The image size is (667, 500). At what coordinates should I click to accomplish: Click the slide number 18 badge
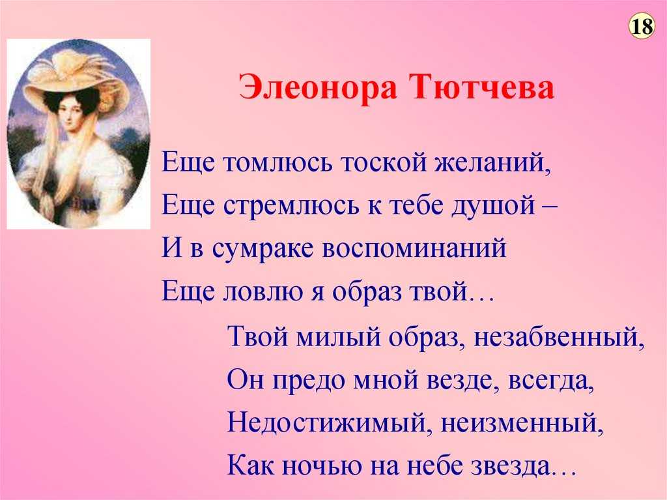tap(642, 27)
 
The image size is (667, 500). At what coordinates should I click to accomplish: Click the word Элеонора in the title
tap(318, 87)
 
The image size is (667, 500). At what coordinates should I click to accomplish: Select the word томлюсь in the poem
tap(277, 163)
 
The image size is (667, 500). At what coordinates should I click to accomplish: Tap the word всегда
tap(551, 381)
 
